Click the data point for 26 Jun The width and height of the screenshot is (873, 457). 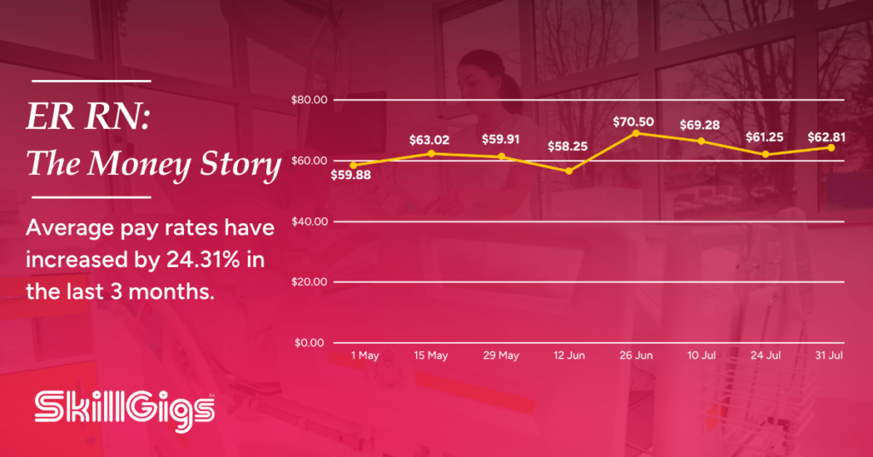click(636, 134)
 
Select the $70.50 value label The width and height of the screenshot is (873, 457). click(633, 122)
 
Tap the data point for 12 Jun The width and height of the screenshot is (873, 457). click(569, 171)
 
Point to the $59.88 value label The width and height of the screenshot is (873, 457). click(350, 176)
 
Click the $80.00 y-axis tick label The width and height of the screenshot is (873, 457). click(309, 101)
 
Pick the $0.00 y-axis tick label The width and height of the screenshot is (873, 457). click(309, 343)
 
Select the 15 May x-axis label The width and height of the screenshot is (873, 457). click(431, 356)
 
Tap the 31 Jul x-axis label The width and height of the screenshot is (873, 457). click(829, 356)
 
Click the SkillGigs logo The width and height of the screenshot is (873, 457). click(124, 411)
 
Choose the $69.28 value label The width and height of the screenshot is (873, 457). click(700, 125)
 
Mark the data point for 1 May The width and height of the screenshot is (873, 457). click(354, 165)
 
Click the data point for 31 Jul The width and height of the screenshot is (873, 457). click(831, 148)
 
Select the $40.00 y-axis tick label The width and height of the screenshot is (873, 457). click(309, 222)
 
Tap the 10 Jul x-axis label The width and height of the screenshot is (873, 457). click(702, 356)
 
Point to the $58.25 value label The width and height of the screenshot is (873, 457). click(567, 147)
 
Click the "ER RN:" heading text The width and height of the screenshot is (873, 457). click(88, 117)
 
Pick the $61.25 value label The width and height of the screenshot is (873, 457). click(765, 137)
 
